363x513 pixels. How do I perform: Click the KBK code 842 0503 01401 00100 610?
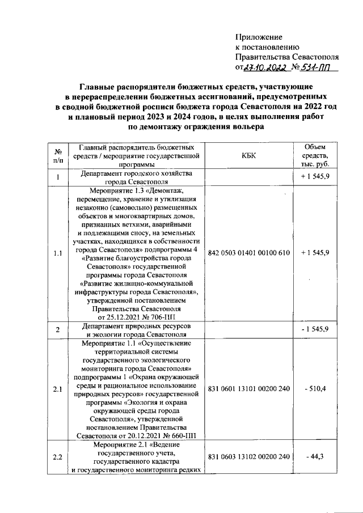(250, 252)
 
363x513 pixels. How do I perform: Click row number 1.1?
(58, 252)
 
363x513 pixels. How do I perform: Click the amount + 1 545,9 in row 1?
(315, 177)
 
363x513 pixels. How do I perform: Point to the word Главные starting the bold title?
(94, 87)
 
